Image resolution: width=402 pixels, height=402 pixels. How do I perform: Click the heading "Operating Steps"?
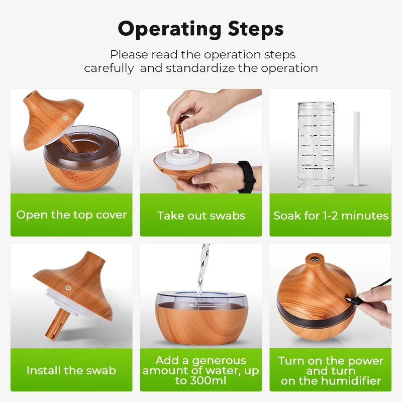pyautogui.click(x=200, y=29)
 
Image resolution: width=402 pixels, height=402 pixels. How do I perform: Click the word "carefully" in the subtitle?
pyautogui.click(x=109, y=68)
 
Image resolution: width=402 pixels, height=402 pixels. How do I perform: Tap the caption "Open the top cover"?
pyautogui.click(x=71, y=215)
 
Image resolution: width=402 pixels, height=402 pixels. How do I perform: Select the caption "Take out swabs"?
pyautogui.click(x=201, y=216)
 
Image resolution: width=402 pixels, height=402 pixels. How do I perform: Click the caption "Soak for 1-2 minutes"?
pyautogui.click(x=331, y=216)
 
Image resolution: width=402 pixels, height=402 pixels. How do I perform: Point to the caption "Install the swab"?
pyautogui.click(x=71, y=371)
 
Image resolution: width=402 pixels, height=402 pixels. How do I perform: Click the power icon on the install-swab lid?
pyautogui.click(x=68, y=288)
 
